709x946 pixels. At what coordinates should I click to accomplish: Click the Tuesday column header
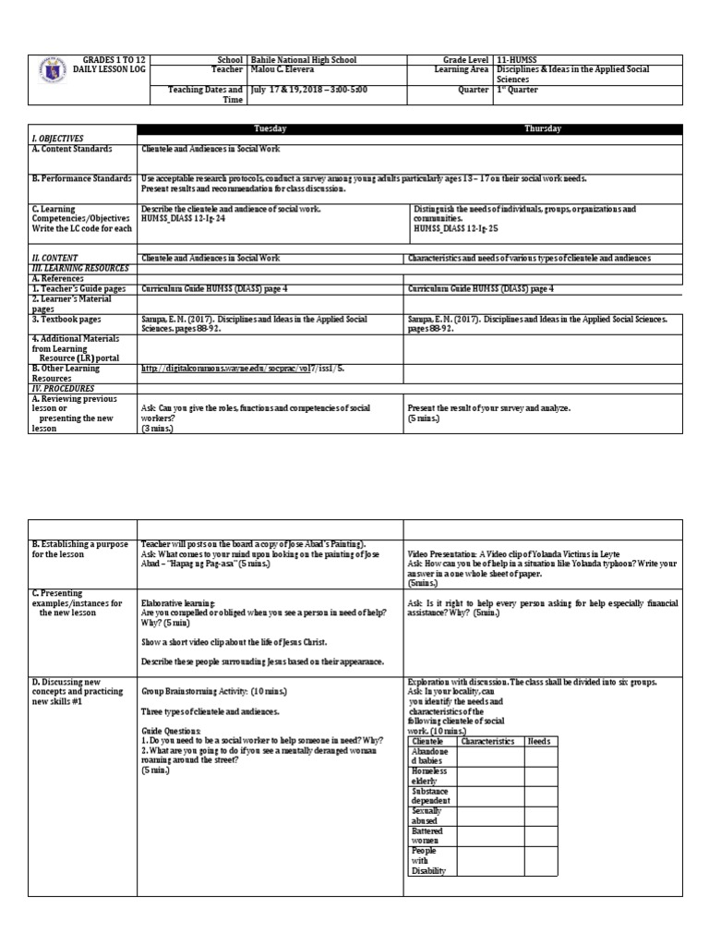(x=270, y=128)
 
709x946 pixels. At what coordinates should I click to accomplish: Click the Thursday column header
(x=543, y=128)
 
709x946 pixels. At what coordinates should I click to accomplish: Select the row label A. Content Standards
(x=72, y=148)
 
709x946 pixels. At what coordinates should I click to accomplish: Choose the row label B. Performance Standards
(x=81, y=177)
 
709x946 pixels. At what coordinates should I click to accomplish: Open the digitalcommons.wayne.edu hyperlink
(x=245, y=367)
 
